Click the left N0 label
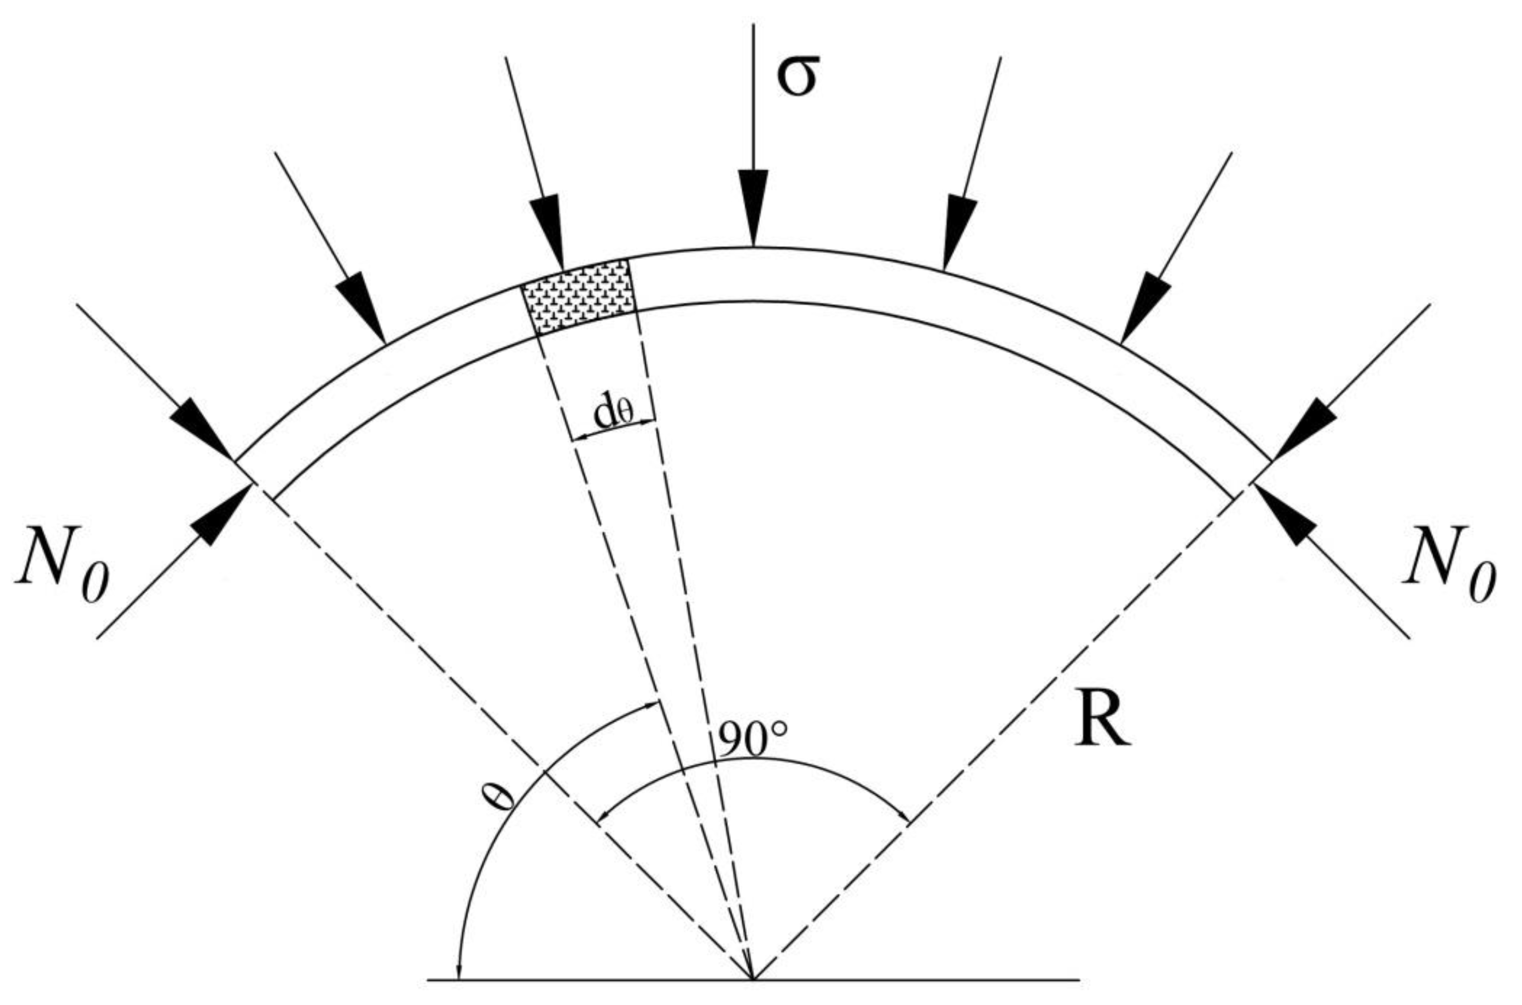coord(62,564)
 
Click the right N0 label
coord(1448,564)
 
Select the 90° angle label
coord(751,742)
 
